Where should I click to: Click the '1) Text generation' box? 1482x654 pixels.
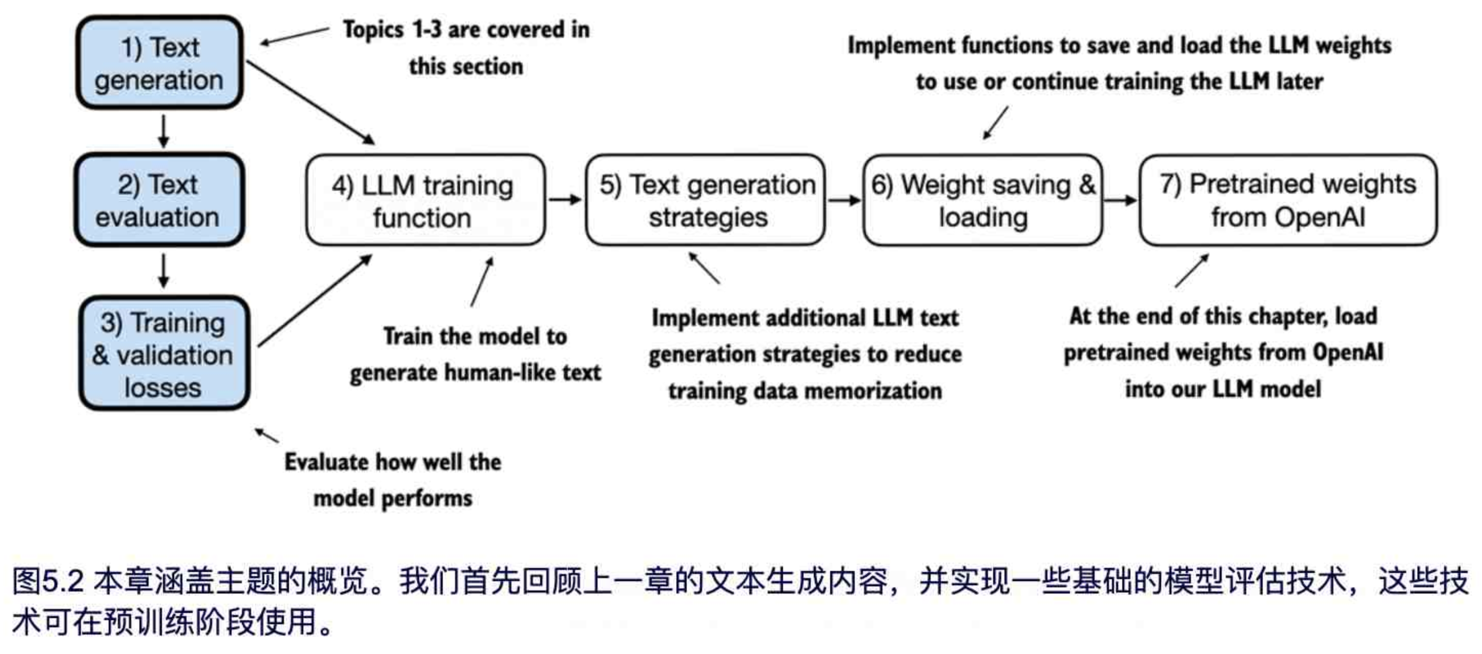point(159,63)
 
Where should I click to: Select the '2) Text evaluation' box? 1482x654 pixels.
point(159,200)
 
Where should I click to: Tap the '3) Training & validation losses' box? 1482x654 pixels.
point(164,353)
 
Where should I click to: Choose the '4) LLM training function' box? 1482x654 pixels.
point(425,200)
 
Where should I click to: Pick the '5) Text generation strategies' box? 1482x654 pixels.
point(705,200)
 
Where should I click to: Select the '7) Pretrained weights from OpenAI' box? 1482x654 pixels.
point(1288,200)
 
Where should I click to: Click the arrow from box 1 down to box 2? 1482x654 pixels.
point(163,131)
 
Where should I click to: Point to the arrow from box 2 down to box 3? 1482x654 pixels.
point(163,270)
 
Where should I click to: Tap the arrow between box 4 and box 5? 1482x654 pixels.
point(565,199)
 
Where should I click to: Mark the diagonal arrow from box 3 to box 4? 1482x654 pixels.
point(314,301)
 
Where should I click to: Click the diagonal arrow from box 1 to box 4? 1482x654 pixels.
point(310,102)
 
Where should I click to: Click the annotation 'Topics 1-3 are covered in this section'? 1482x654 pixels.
point(466,48)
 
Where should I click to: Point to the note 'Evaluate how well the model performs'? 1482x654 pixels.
point(393,480)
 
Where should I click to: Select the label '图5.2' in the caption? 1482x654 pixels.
point(48,581)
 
